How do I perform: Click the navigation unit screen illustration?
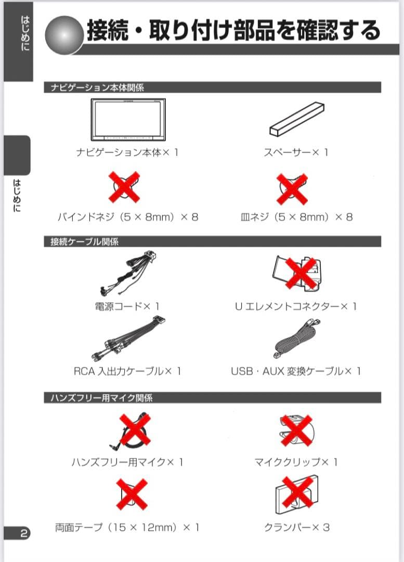coord(128,119)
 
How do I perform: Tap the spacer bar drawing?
coord(297,119)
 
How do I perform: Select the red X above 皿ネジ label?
coord(292,189)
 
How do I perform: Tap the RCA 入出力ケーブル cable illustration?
coord(128,339)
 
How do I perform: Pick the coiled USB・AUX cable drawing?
coord(297,339)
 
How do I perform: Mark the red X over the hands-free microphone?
coord(135,429)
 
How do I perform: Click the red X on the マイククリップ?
coord(296,430)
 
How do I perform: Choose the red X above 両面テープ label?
coord(132,494)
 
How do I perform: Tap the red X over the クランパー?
coord(297,492)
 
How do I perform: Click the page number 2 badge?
coord(17,533)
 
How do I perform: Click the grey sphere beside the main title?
coord(64,35)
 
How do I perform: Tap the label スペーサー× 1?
coord(296,152)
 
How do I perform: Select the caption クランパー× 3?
coord(297,528)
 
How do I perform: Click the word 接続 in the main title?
coord(108,31)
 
